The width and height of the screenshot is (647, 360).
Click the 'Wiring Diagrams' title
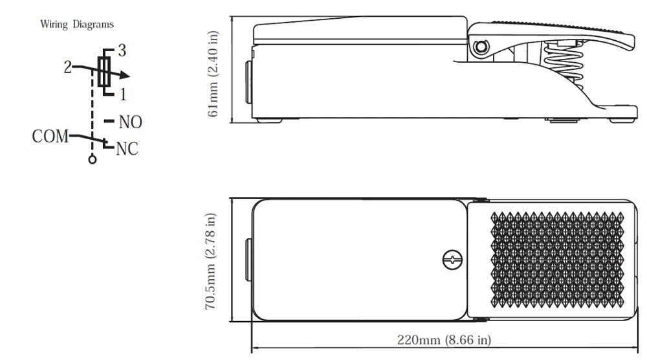(77, 25)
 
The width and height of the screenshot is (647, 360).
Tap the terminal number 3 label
(122, 51)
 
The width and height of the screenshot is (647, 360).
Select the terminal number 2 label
(68, 67)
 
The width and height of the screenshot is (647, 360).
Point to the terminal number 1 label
(122, 95)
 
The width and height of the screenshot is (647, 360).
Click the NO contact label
(131, 122)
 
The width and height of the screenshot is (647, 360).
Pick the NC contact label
(127, 149)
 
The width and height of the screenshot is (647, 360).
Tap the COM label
(50, 136)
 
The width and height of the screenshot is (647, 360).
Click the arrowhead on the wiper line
(124, 75)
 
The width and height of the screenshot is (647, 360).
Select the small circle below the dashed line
(93, 159)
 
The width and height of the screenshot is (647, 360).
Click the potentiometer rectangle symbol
(104, 71)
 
